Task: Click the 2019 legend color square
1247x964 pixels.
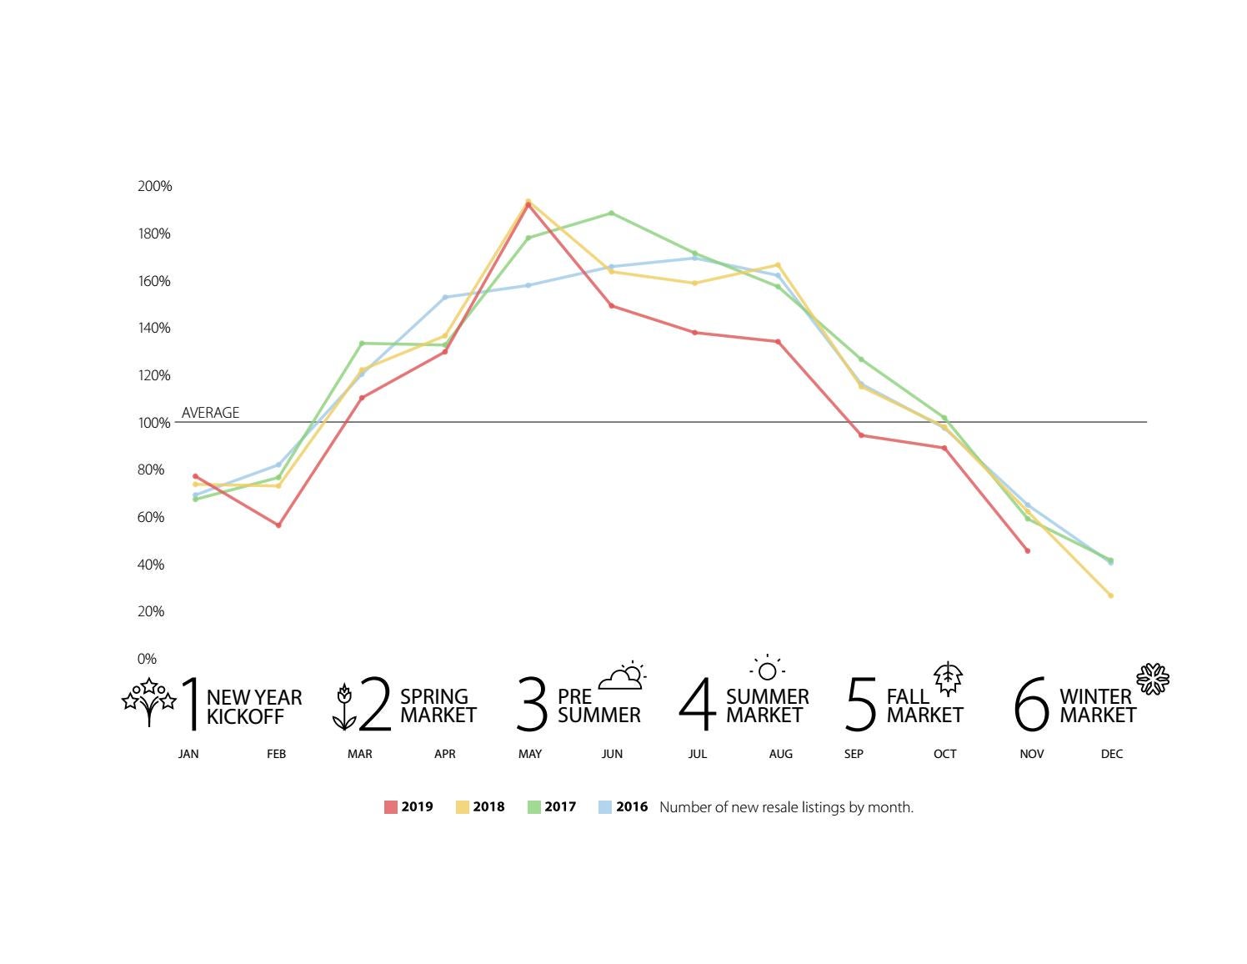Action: click(390, 807)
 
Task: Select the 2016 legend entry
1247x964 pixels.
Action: click(623, 807)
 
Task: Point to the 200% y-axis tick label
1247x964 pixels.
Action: click(154, 186)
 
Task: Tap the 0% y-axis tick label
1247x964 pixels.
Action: click(147, 659)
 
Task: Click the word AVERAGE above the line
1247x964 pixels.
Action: click(210, 413)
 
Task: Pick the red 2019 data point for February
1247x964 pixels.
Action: click(278, 525)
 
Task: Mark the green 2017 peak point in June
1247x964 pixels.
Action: click(611, 213)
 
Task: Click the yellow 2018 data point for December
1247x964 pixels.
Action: click(1110, 595)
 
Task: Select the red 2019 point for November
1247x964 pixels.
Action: click(1027, 550)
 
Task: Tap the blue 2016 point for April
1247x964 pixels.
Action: click(444, 297)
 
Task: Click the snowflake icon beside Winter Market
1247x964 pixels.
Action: click(1153, 680)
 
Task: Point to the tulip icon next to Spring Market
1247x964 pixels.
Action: click(343, 707)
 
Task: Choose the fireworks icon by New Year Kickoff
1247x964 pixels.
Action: click(149, 700)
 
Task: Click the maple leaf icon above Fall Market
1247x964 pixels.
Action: click(948, 679)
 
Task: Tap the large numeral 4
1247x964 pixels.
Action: click(697, 705)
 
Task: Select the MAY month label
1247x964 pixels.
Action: click(529, 754)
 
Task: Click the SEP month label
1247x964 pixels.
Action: click(854, 754)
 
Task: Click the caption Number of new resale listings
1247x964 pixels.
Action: click(786, 807)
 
